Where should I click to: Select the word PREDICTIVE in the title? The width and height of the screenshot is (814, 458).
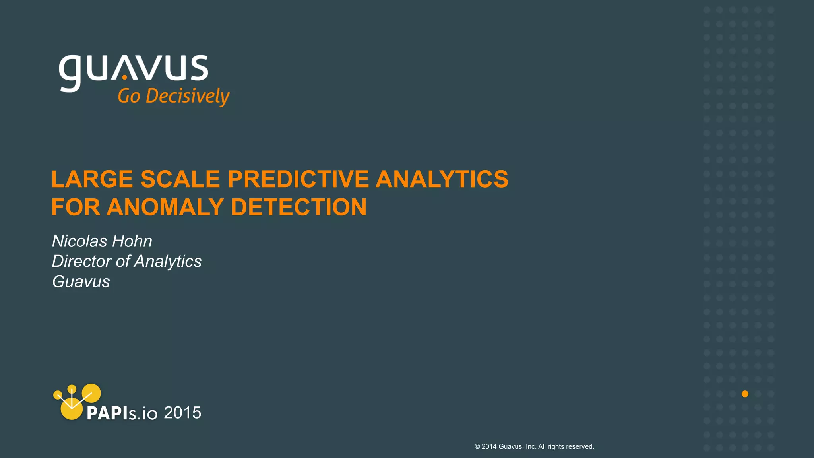[x=298, y=179]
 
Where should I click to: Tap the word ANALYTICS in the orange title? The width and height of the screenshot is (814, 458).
[x=442, y=179]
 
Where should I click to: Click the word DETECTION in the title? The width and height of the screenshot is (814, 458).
[x=298, y=207]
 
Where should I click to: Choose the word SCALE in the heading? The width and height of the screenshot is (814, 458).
[x=180, y=179]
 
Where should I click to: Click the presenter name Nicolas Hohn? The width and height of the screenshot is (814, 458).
[x=102, y=241]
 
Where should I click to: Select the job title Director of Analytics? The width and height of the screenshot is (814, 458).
[x=127, y=261]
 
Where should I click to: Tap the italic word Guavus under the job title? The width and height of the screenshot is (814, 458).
[x=81, y=281]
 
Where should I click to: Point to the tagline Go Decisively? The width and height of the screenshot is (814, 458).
[x=174, y=97]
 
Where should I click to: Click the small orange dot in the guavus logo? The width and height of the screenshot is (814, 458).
[x=124, y=77]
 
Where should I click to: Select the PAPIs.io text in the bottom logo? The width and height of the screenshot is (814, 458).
[x=122, y=413]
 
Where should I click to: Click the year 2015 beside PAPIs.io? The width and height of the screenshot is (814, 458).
[x=182, y=413]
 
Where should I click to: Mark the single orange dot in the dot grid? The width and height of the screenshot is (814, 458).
[x=745, y=394]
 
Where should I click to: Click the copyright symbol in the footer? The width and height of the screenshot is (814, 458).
[x=477, y=447]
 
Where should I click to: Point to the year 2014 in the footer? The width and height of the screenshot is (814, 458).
[x=489, y=447]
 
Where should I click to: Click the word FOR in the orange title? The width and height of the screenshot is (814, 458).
[x=76, y=207]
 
